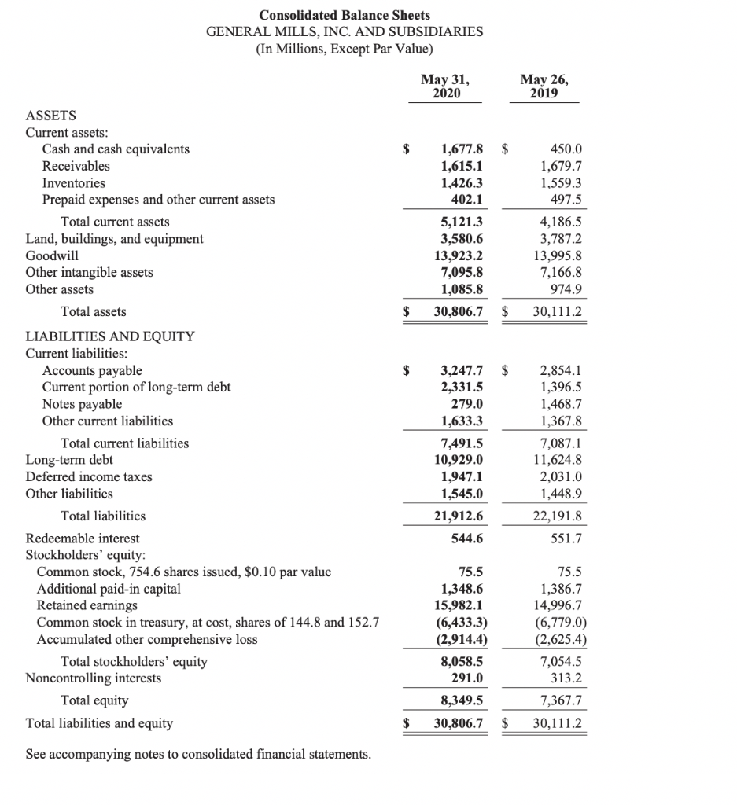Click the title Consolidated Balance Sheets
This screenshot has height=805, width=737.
tap(345, 15)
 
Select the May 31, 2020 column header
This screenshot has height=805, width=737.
tap(444, 86)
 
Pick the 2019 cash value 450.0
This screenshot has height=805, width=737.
tap(566, 149)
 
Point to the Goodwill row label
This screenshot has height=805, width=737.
tap(52, 255)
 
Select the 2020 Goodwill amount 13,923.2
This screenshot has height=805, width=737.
tap(458, 255)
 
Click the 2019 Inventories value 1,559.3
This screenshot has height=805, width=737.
tap(561, 182)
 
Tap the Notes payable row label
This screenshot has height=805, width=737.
tap(82, 404)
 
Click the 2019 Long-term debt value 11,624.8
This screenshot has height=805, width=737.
tap(558, 460)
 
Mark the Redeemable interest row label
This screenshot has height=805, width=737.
tap(82, 539)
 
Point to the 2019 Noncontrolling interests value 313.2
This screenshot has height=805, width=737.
tap(566, 678)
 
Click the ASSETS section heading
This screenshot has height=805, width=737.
tap(50, 115)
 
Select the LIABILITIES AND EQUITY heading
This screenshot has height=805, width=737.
tap(109, 336)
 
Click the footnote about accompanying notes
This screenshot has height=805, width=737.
tap(198, 755)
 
